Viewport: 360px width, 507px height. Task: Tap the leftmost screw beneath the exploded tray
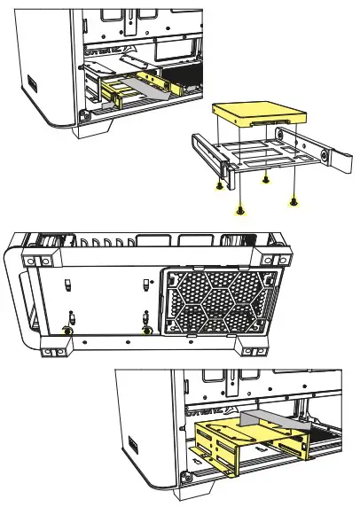(x=219, y=187)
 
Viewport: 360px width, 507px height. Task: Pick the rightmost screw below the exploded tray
(x=294, y=200)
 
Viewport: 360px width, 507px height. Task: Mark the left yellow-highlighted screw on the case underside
(x=67, y=330)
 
